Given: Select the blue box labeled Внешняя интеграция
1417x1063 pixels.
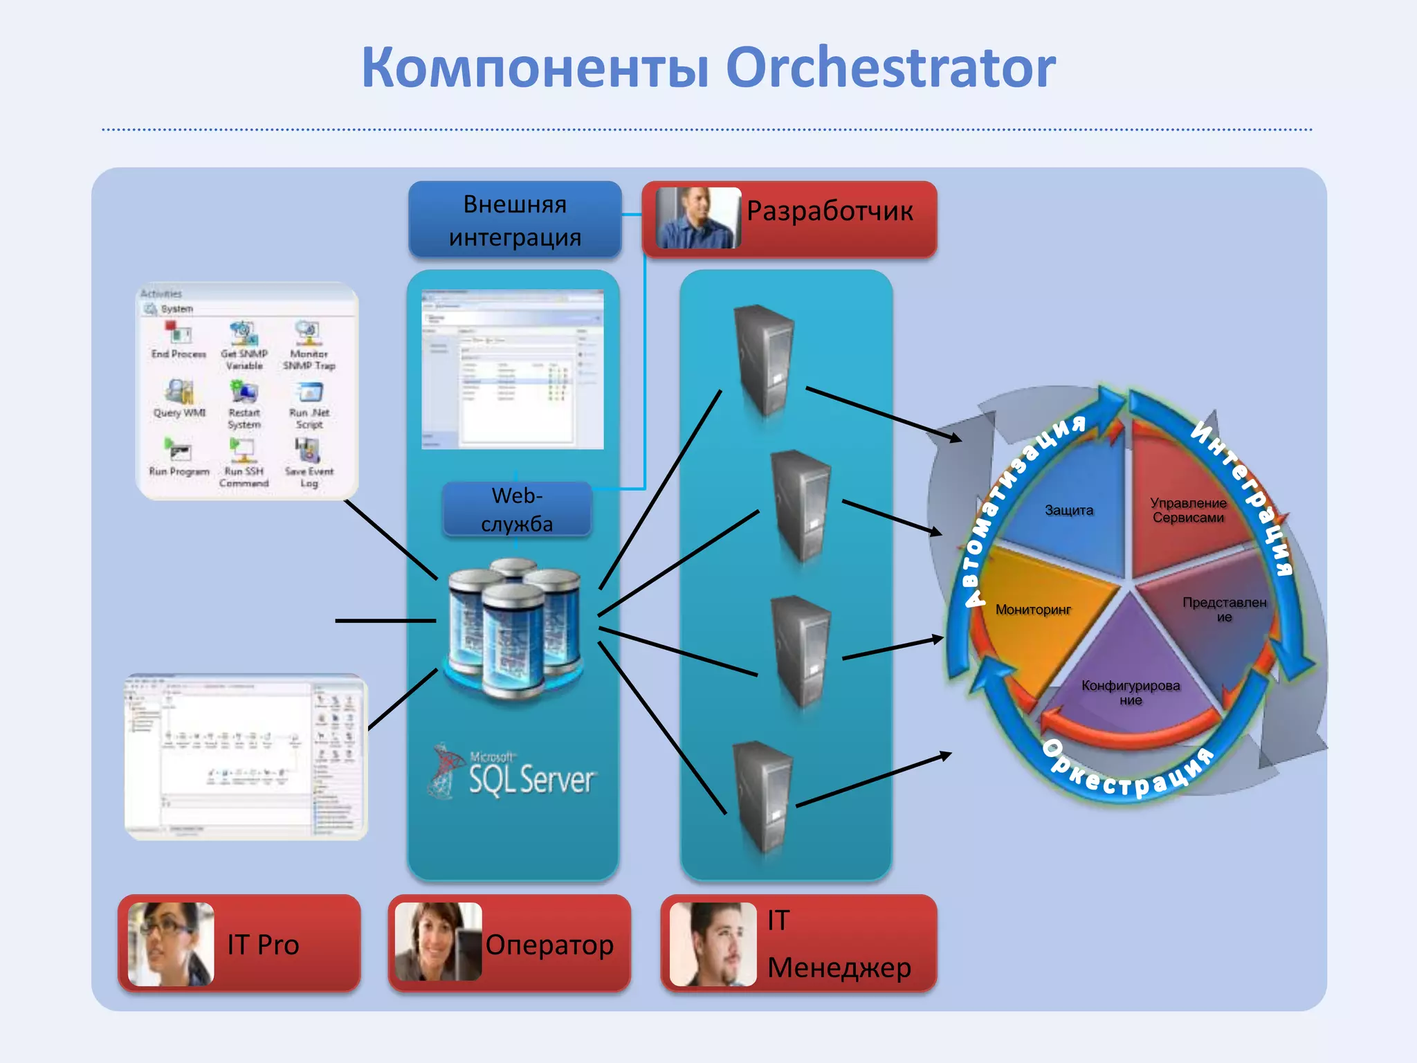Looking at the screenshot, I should tap(515, 220).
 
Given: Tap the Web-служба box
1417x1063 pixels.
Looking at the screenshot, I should tap(517, 509).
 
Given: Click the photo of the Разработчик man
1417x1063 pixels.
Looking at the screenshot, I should tap(697, 217).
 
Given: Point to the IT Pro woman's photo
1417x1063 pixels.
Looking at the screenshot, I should tap(171, 944).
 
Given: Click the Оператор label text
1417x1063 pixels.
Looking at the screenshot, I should tap(549, 945).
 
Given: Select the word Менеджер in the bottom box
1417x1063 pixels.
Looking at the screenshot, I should tap(839, 967).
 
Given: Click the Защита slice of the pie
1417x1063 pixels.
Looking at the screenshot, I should tap(1068, 511).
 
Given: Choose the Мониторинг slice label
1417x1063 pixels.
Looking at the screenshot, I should tap(1032, 610).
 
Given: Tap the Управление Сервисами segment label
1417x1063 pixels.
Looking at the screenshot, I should tap(1188, 511).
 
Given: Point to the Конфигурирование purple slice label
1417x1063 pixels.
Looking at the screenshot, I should tap(1131, 693).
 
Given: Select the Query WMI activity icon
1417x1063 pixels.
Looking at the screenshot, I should tap(179, 392).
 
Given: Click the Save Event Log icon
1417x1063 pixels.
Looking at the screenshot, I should tap(309, 451).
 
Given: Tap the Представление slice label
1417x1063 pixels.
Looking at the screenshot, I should tap(1224, 610).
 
